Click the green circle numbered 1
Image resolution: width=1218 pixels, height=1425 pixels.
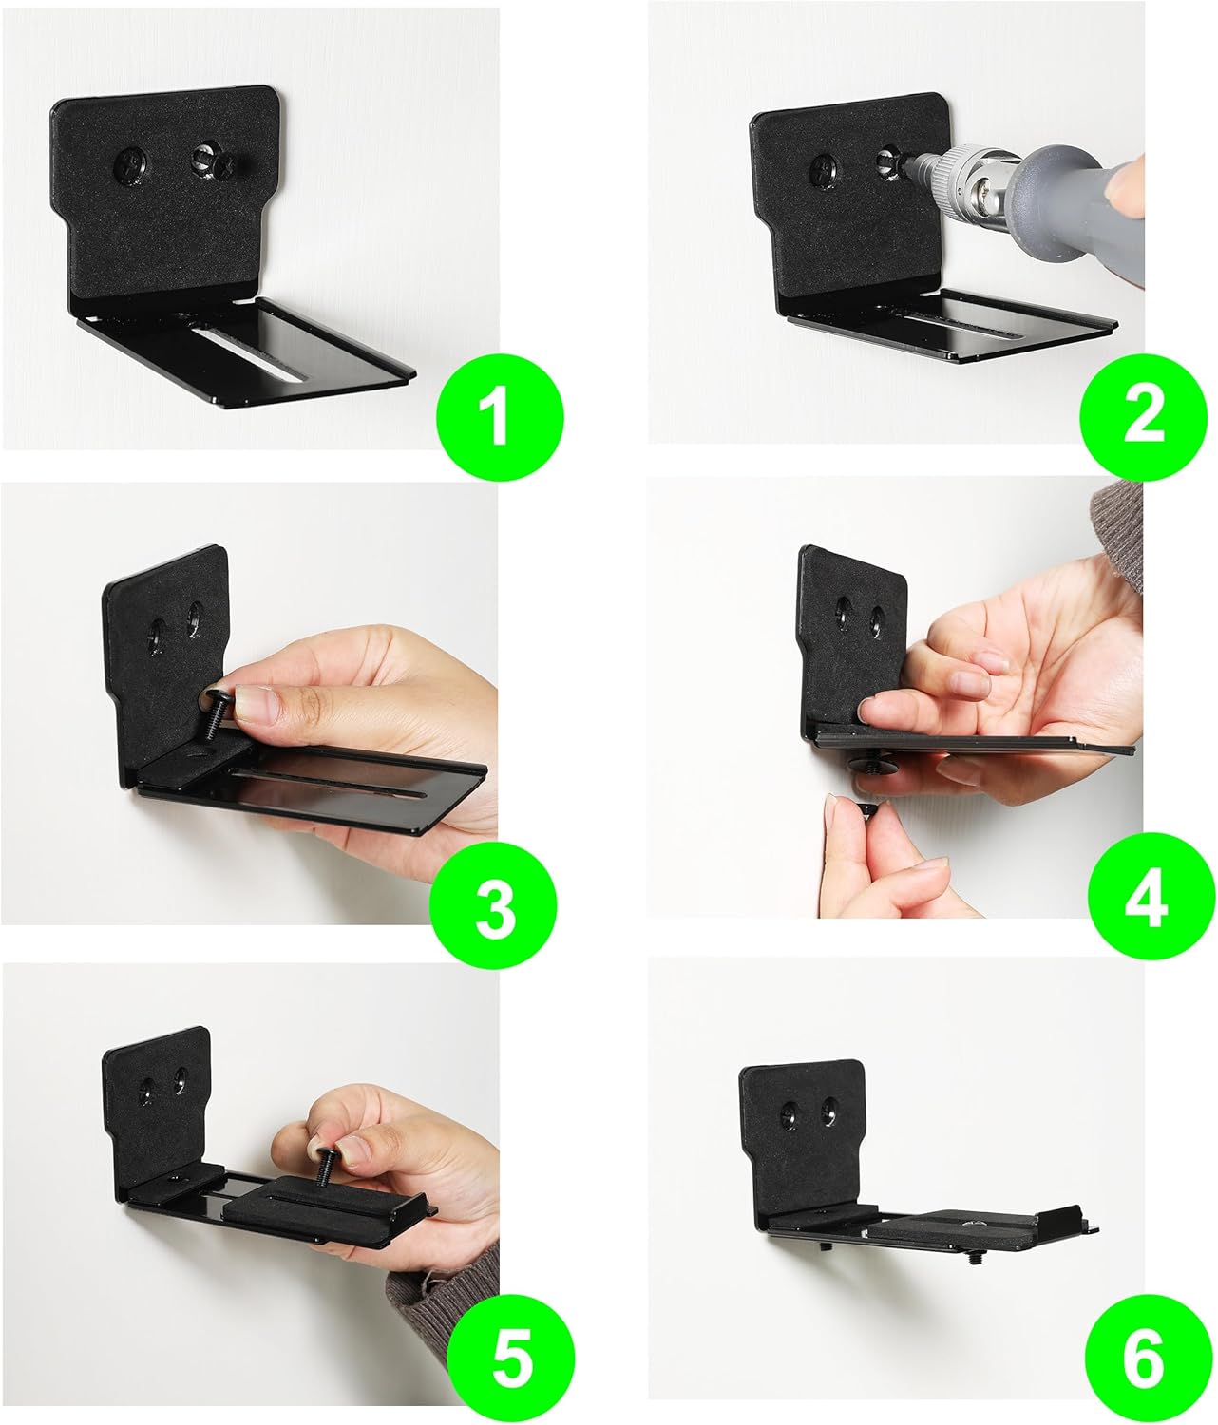500,415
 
